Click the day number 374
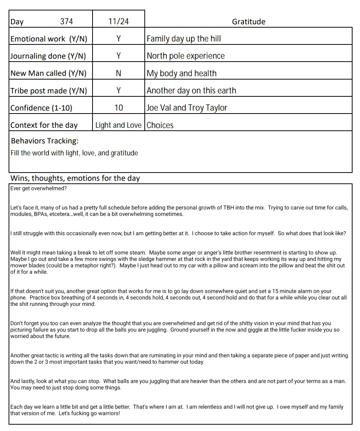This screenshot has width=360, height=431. pos(66,22)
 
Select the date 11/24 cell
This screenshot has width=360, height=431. pos(118,22)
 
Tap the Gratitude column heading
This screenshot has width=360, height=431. pos(248,22)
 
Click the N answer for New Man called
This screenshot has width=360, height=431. pos(118,73)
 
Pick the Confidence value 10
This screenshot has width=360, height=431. pos(118,108)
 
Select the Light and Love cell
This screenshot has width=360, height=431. pos(118,125)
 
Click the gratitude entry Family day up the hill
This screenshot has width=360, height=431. pos(184,39)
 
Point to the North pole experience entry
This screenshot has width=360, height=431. pos(185,56)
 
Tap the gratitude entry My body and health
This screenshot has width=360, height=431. pos(181,73)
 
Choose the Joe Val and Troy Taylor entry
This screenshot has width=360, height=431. pos(187,108)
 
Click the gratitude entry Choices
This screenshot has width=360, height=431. pos(160,125)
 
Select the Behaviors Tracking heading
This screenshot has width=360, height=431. pos(45,141)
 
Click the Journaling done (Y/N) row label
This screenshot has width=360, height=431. pos(48,56)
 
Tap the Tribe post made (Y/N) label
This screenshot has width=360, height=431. pos(48,91)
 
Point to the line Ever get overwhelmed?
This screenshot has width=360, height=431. pos(38,188)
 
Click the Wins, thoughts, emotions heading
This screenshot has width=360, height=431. pos(75,178)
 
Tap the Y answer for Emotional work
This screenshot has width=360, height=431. pos(118,39)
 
